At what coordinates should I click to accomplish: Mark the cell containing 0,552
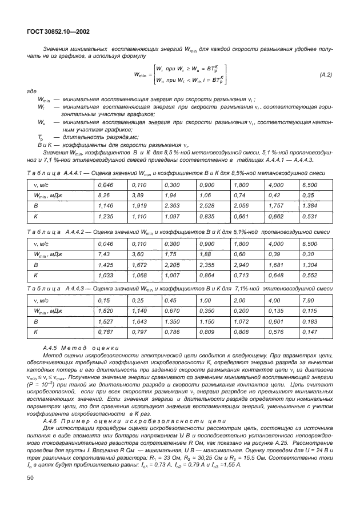[x=309, y=274]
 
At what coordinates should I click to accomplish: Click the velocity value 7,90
[x=309, y=300]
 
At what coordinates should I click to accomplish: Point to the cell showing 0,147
[x=309, y=332]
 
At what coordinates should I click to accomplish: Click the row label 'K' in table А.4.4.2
[x=36, y=274]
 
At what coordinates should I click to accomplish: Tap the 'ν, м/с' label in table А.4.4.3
[x=43, y=300]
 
